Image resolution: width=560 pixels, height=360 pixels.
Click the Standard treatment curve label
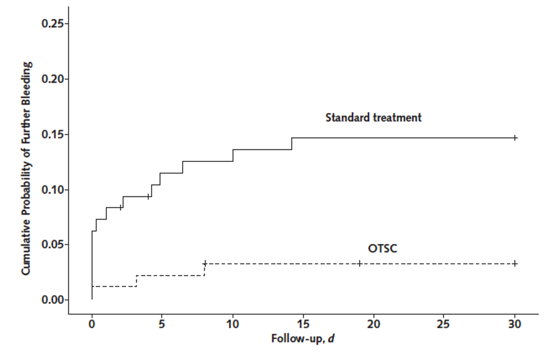point(373,118)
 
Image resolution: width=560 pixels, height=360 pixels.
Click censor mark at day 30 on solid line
point(515,138)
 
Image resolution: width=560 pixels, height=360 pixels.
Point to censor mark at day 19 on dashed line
point(359,263)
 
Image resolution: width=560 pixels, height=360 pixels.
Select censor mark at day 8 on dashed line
point(205,263)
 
